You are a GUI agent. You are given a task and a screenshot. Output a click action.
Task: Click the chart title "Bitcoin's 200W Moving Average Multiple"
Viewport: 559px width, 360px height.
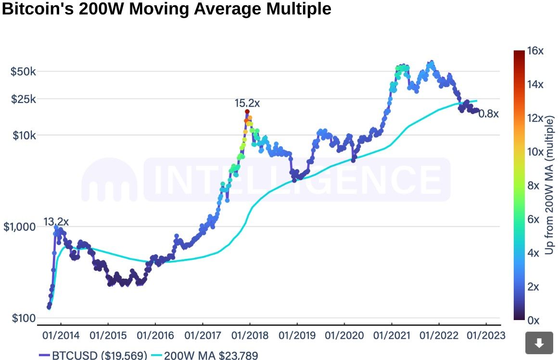tap(166, 9)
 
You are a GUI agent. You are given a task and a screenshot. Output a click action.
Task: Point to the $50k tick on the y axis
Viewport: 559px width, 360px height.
tap(24, 72)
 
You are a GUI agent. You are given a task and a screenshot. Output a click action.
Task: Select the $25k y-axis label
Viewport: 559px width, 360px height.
tap(24, 99)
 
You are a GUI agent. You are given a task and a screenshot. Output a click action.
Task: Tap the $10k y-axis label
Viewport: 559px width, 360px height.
tap(24, 135)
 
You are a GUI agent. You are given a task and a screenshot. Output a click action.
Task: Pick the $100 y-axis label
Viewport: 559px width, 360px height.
tap(22, 318)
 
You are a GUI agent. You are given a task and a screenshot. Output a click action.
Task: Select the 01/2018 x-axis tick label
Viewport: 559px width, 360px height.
tap(250, 334)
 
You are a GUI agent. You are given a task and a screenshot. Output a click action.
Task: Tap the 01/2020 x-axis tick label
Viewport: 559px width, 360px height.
tap(344, 334)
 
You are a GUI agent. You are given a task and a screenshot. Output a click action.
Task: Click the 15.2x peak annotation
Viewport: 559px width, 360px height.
tap(247, 103)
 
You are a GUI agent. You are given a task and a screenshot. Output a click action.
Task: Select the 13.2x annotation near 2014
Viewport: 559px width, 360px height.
tap(56, 222)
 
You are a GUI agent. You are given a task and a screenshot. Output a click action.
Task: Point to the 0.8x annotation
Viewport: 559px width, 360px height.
tap(489, 114)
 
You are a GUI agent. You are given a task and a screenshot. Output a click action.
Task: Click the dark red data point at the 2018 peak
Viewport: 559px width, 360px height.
tap(247, 112)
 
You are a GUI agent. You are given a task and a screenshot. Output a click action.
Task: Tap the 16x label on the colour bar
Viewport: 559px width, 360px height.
tap(535, 51)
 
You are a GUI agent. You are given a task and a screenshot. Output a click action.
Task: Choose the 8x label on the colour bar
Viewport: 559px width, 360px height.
tap(534, 185)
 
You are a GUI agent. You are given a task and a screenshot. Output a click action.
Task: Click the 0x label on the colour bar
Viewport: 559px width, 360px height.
tap(534, 320)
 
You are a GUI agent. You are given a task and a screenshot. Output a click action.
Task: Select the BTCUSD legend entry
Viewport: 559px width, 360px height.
tap(93, 356)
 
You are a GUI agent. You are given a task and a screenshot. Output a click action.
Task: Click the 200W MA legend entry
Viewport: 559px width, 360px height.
tap(204, 356)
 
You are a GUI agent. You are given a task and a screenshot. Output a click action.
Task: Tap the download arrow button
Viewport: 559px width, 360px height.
tap(539, 343)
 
